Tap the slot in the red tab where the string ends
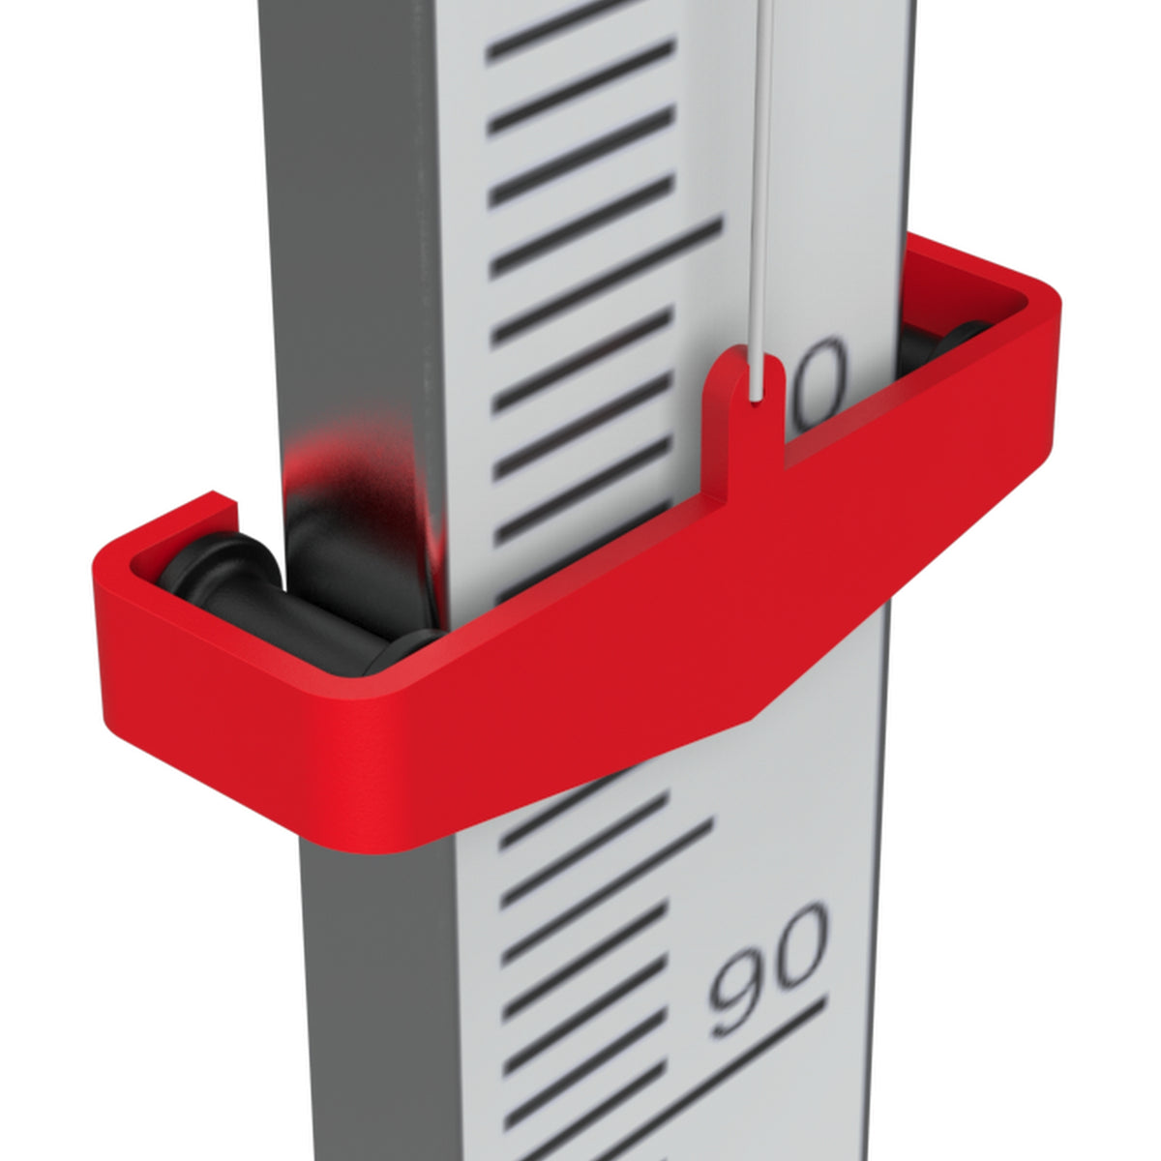(x=757, y=379)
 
